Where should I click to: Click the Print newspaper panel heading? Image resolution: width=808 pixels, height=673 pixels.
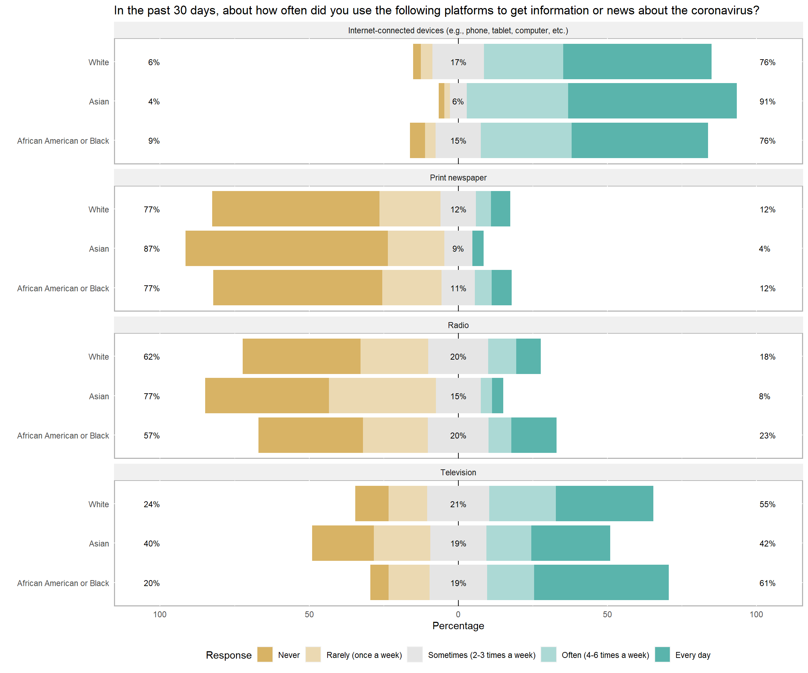point(458,178)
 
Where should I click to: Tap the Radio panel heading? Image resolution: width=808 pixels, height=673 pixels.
point(458,325)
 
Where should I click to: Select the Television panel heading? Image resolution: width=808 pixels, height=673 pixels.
point(458,472)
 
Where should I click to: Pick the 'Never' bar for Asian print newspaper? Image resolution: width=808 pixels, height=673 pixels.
point(287,249)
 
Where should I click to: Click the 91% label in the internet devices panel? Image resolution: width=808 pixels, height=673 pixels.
point(767,102)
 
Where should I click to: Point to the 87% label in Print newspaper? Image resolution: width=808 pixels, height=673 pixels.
point(151,249)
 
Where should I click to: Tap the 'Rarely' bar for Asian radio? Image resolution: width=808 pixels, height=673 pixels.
point(383,396)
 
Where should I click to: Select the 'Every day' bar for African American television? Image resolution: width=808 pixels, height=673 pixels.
point(601,582)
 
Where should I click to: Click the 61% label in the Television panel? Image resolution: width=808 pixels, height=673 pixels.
point(767,583)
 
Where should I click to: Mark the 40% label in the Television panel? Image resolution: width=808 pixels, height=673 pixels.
point(151,543)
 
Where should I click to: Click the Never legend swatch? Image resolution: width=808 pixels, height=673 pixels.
point(265,654)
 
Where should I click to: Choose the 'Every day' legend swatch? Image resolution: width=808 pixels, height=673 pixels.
point(662,654)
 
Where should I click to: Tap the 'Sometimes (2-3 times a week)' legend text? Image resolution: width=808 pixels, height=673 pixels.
point(482,655)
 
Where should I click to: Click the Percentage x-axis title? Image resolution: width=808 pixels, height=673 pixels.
point(458,626)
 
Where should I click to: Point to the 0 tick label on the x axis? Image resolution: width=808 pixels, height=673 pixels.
point(458,614)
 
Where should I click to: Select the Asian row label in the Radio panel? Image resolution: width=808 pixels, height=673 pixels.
point(99,396)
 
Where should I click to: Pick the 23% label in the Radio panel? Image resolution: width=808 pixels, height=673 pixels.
point(767,436)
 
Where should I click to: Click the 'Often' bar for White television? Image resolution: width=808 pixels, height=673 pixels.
point(522,503)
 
